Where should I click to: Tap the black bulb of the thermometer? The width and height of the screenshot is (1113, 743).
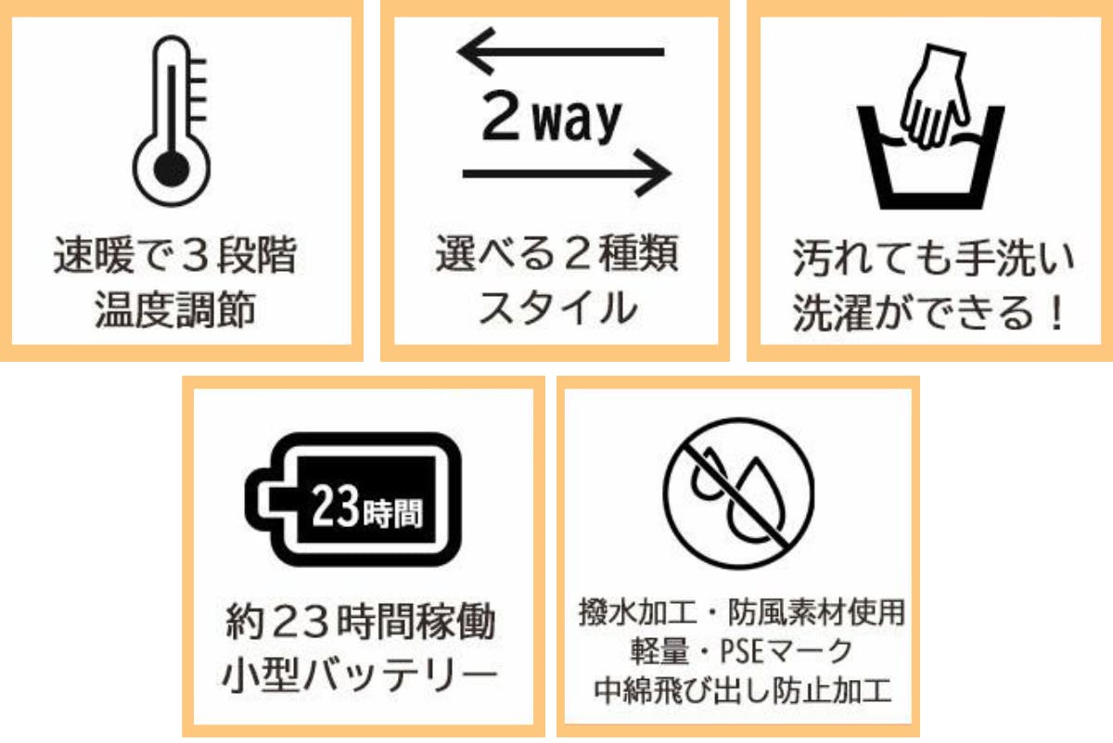point(170,168)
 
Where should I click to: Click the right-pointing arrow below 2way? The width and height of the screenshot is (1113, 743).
point(566,173)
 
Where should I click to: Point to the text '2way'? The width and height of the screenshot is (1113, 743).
point(551,119)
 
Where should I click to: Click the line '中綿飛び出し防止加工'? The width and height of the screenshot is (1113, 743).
point(738,691)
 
